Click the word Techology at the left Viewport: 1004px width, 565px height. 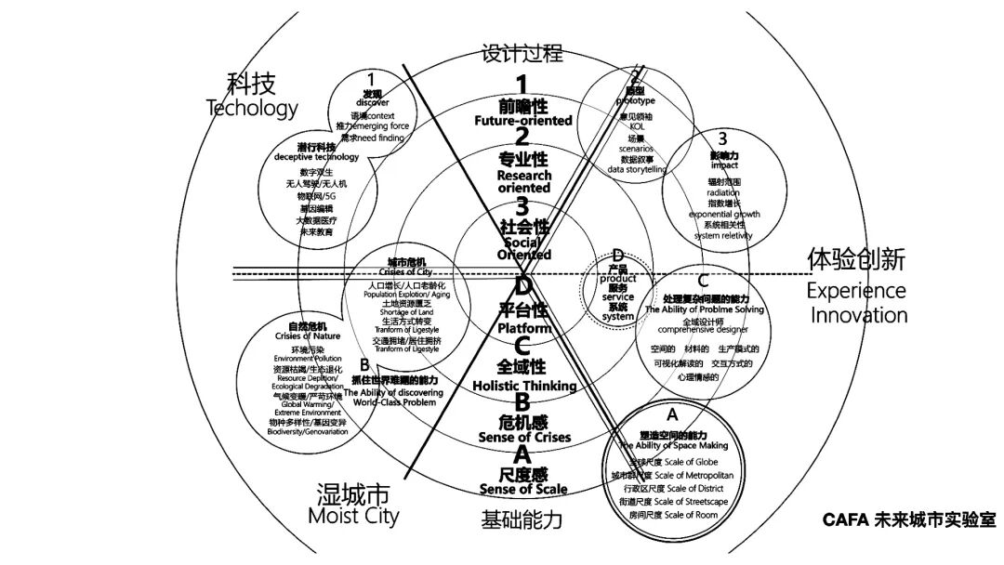coord(252,108)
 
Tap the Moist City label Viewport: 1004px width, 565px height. coord(352,514)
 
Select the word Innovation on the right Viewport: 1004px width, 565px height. coord(858,314)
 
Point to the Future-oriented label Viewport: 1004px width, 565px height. coord(523,121)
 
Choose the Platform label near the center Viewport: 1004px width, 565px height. coord(523,328)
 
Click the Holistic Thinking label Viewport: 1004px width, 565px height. coord(524,386)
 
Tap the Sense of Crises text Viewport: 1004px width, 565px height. coord(523,437)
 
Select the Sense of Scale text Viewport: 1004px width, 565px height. coord(523,489)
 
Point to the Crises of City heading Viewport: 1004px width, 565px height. coord(406,271)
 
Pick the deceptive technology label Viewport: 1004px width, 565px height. coord(316,158)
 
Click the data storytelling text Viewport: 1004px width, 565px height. coord(638,170)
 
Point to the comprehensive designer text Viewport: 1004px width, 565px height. coord(702,328)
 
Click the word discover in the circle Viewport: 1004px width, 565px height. coord(372,103)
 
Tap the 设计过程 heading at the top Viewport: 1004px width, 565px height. coord(522,53)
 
